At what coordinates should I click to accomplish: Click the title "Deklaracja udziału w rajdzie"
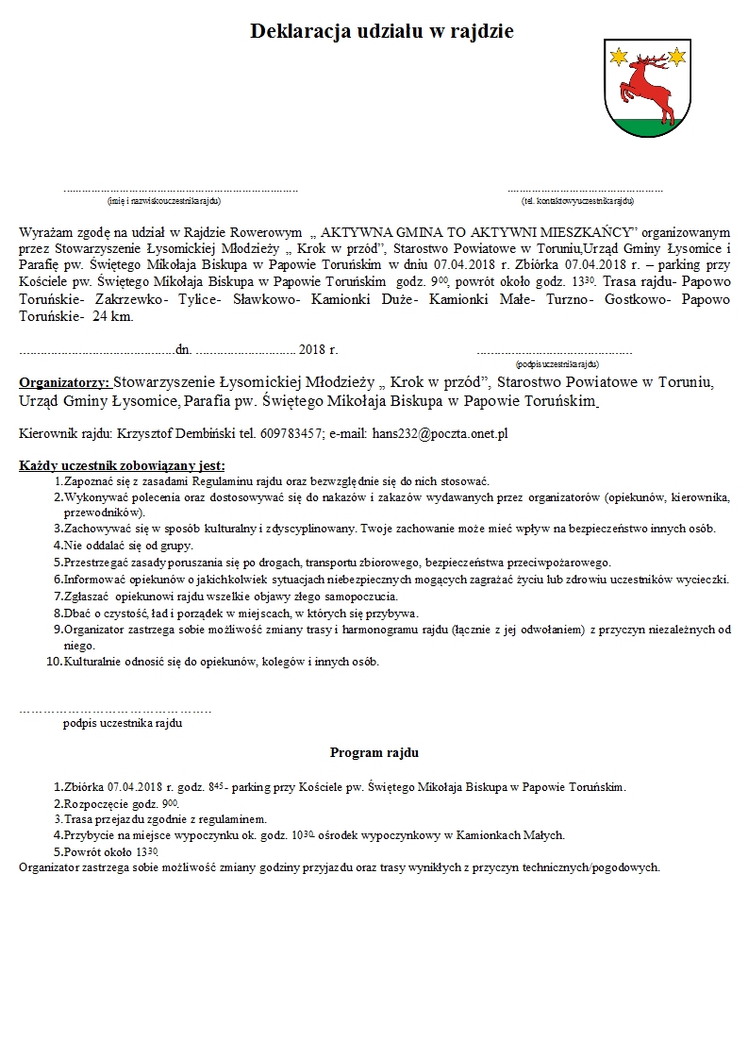(381, 31)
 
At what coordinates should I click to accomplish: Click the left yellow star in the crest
(619, 59)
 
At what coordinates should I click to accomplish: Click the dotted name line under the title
(180, 190)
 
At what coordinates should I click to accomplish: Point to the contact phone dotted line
(585, 190)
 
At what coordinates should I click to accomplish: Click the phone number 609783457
(291, 433)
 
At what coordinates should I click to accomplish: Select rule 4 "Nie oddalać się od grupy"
(128, 545)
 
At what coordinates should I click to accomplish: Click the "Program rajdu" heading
(374, 752)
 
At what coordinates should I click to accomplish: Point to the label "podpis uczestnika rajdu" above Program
(123, 723)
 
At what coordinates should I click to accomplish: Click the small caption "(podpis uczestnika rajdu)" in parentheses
(557, 363)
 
